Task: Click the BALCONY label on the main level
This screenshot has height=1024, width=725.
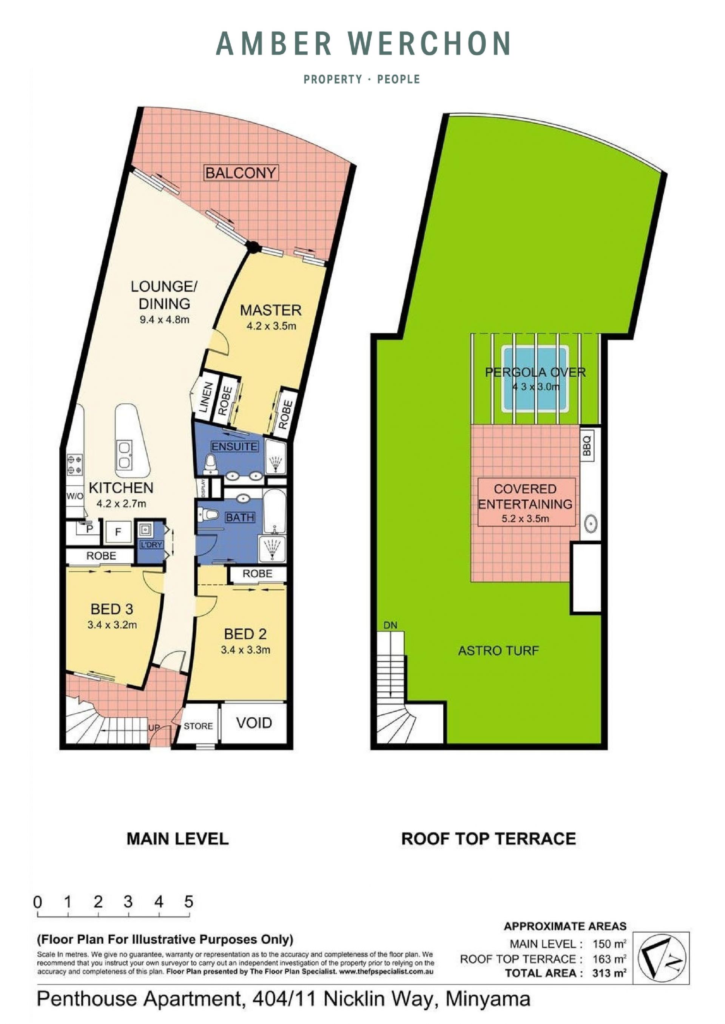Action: click(x=241, y=173)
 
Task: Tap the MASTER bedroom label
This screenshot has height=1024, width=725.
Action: click(x=271, y=310)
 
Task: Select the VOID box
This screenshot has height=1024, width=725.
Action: click(x=254, y=723)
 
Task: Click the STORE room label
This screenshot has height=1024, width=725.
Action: click(x=198, y=726)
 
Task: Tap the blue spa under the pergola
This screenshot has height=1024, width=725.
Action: click(x=535, y=379)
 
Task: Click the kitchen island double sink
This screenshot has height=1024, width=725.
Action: click(x=124, y=455)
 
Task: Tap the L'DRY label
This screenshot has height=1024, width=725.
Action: click(x=151, y=545)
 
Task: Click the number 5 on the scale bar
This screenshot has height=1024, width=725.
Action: click(x=189, y=902)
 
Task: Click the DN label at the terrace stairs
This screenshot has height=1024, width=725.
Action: click(x=390, y=625)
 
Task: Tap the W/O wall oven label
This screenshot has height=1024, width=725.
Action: click(x=74, y=496)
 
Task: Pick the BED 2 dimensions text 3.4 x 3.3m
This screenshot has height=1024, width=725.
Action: click(x=245, y=650)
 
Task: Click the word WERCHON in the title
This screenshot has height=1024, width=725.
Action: click(x=429, y=44)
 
